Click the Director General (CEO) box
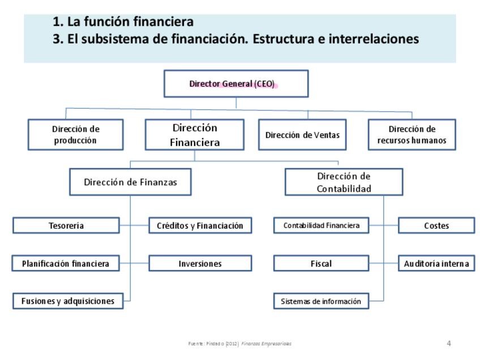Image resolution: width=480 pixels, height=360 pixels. pos(235,84)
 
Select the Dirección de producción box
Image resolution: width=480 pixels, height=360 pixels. pos(75,135)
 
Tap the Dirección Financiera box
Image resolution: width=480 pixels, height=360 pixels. pos(194,135)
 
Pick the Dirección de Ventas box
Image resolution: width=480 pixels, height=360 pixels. pos(302,135)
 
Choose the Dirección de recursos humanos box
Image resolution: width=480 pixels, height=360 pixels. pos(412,135)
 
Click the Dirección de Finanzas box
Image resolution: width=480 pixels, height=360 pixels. pos(130,182)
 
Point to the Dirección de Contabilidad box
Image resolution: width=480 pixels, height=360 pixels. pos(344,182)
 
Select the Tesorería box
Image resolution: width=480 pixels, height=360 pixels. pos(66,226)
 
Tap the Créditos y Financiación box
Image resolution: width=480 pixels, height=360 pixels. pos(200,226)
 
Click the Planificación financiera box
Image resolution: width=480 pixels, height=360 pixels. pos(66,263)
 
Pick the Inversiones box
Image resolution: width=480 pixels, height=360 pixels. pos(200,263)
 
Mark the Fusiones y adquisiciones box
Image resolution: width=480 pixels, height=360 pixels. pos(67,301)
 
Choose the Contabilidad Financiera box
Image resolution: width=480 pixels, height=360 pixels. pos(321,226)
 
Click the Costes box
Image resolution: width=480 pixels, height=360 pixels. pos(436,226)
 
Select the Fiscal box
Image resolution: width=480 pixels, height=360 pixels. pos(321,263)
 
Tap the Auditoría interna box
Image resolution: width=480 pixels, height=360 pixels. pos(436,263)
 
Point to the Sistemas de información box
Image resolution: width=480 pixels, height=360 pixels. pos(321,301)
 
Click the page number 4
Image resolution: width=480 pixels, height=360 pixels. pos(449,343)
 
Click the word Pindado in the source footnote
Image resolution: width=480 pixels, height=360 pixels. pos(215,344)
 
